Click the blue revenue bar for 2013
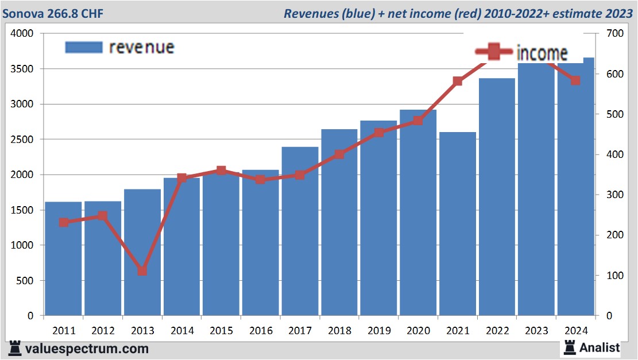point(142,253)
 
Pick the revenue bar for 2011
point(64,258)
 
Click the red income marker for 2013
point(142,270)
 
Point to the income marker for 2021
point(458,82)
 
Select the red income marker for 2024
point(575,80)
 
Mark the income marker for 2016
point(261,179)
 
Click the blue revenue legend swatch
point(84,47)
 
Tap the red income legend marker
point(493,53)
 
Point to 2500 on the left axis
point(23,140)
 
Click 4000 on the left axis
point(23,34)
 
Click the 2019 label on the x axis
point(379,331)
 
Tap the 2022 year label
point(497,331)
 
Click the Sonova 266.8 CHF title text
point(53,13)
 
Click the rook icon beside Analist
point(570,347)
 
